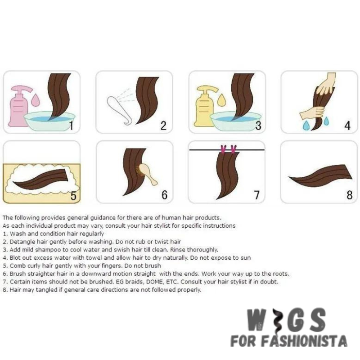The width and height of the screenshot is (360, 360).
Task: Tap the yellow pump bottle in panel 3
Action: coord(206,107)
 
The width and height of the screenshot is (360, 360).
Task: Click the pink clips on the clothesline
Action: coord(227,149)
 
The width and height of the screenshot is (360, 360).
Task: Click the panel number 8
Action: coord(350,195)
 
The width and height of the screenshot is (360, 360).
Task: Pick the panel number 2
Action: coord(164,126)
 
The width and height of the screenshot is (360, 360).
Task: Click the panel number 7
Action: coord(256,195)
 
